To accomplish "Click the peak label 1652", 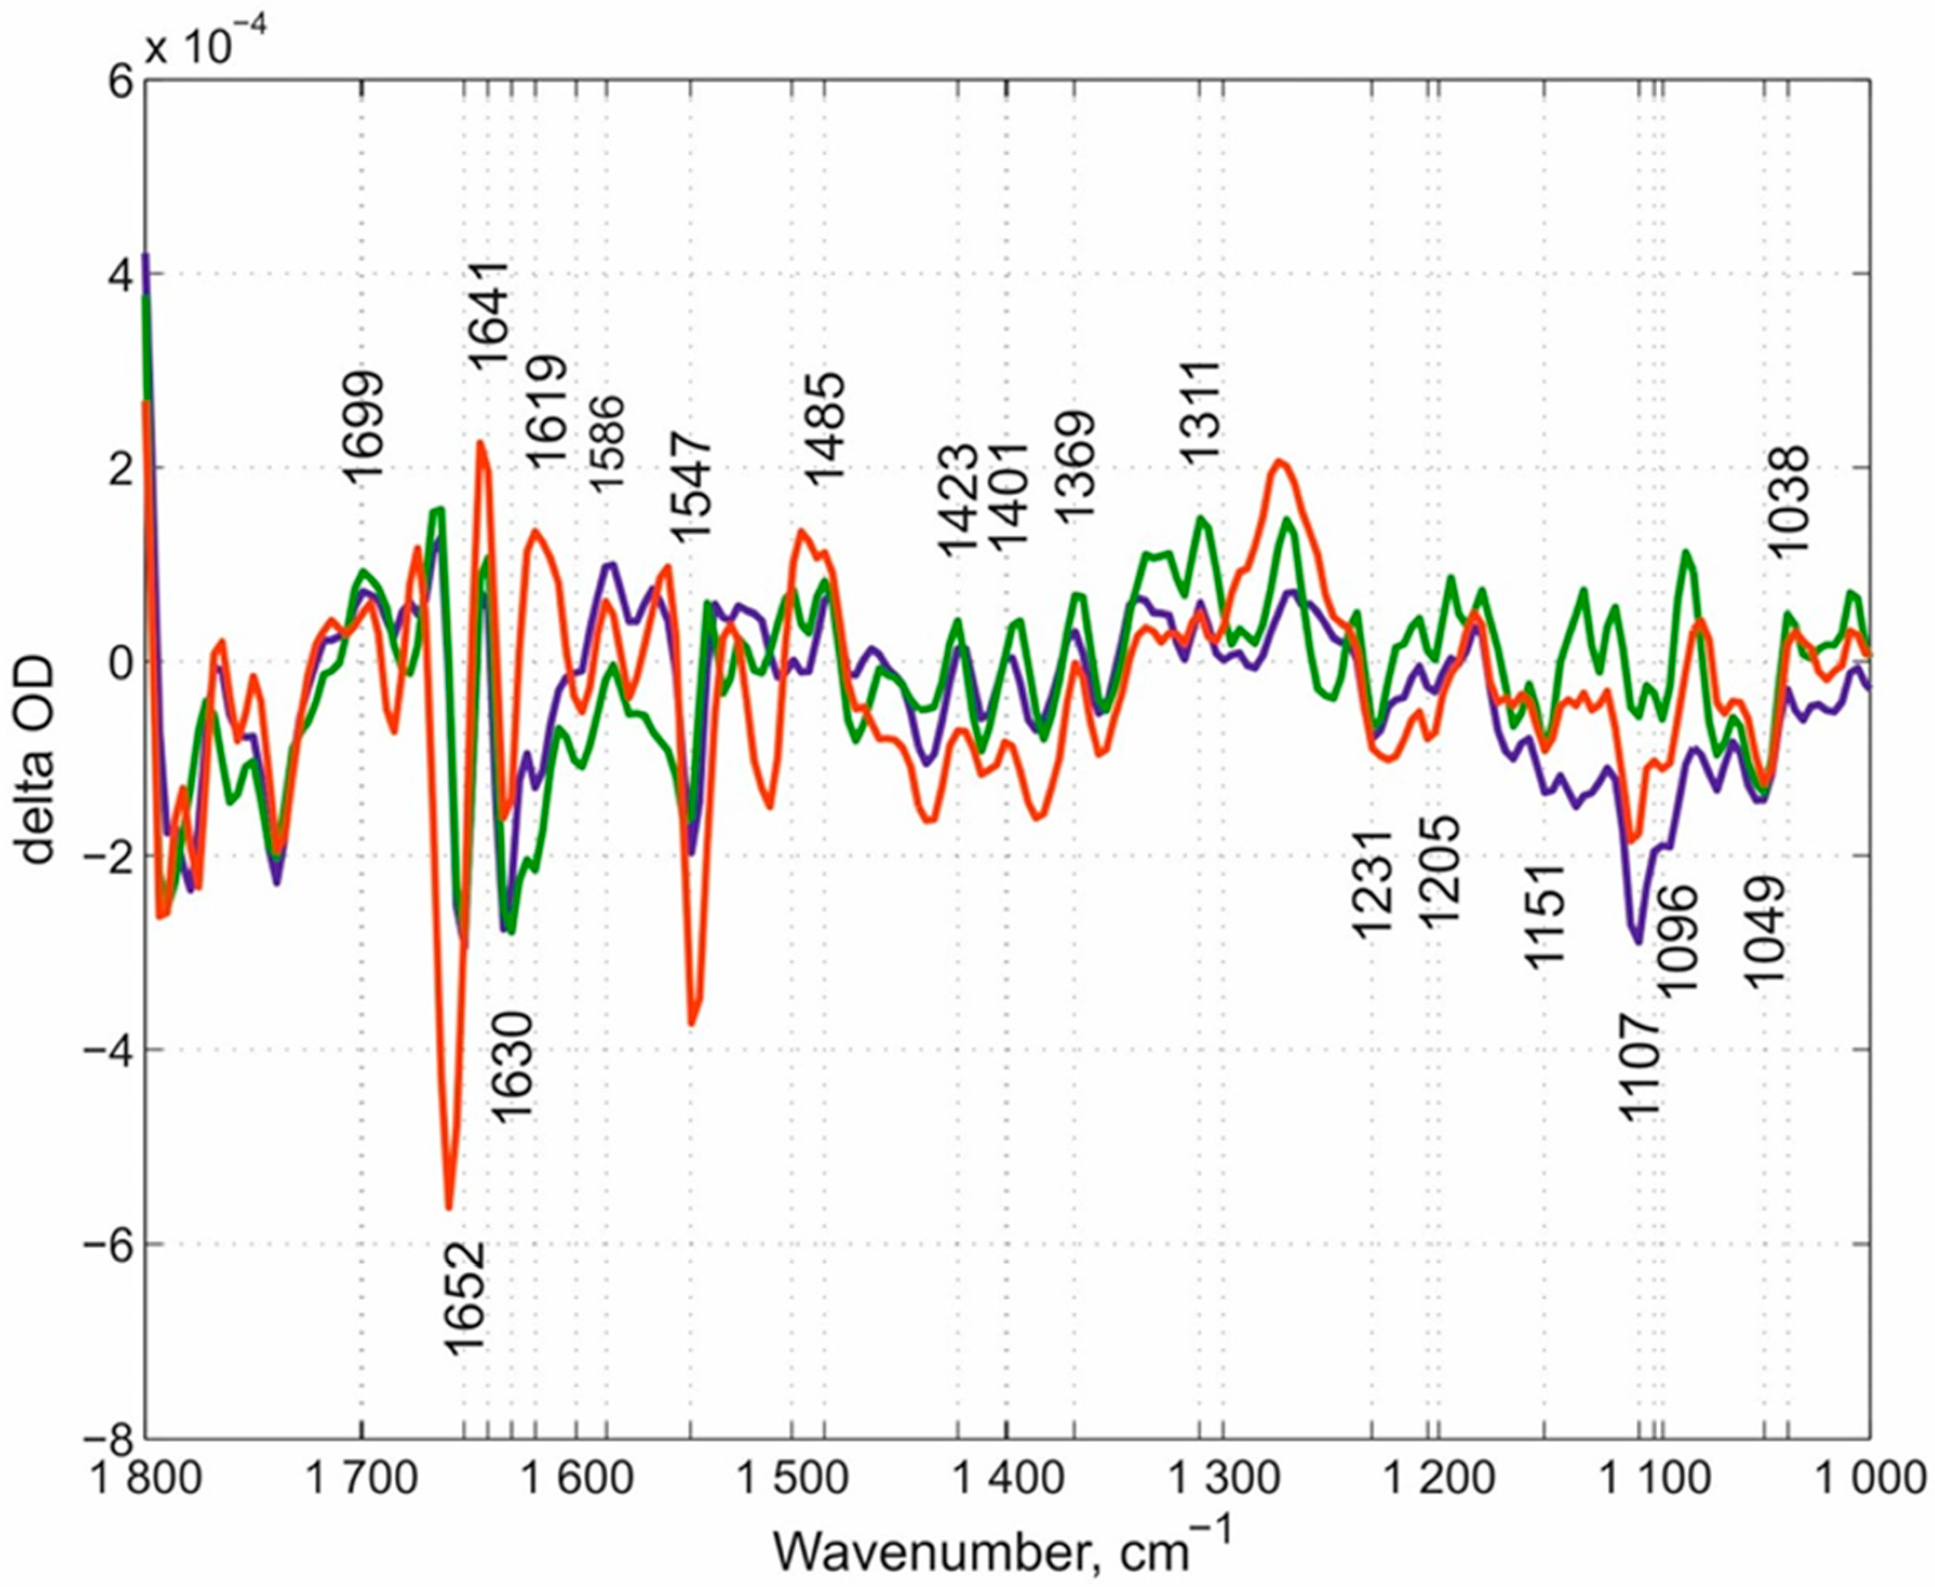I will click(x=463, y=1296).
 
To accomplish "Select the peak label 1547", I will click(x=688, y=488).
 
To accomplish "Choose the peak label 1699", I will click(x=364, y=426).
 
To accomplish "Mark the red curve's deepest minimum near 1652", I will click(x=449, y=1208).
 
